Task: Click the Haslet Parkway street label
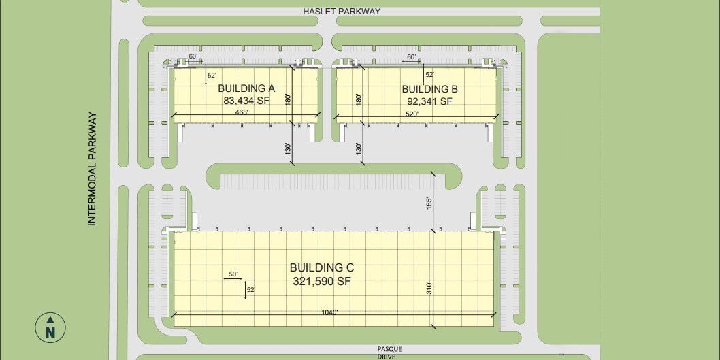tap(342, 12)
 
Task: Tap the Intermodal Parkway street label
tap(94, 169)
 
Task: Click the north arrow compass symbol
tap(50, 327)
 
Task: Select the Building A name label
tap(246, 88)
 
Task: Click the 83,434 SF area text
tap(246, 101)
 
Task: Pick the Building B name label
tap(429, 89)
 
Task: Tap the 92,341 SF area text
tap(429, 101)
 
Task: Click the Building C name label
tap(322, 268)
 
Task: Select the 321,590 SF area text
tap(322, 281)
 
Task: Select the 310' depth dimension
tap(430, 289)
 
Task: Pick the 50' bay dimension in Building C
tap(233, 274)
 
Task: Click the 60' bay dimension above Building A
tap(193, 56)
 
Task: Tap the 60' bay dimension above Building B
tap(411, 56)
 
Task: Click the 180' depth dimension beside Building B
tap(358, 99)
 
